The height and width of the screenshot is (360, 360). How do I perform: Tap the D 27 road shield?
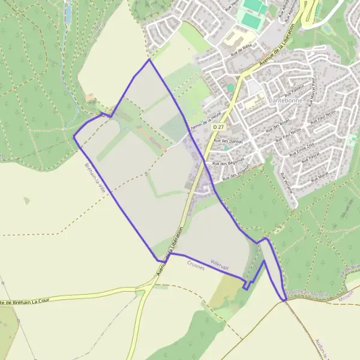point(218,127)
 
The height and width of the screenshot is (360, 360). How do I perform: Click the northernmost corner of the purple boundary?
point(149,59)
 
